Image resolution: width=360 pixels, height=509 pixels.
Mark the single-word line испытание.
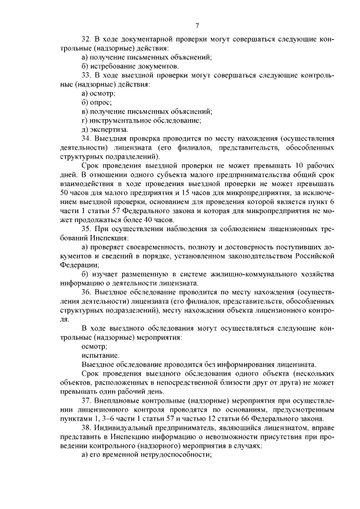tap(100, 355)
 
